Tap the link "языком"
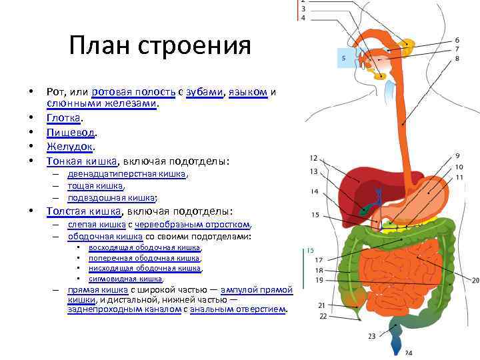(248, 92)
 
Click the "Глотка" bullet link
(63, 117)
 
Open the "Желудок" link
(70, 146)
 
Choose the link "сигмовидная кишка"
(125, 279)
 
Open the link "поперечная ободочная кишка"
(144, 257)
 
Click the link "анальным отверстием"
(238, 309)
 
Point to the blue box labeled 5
(344, 58)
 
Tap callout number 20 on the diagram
(475, 280)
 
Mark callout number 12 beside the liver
(313, 158)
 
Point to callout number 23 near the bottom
(371, 336)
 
